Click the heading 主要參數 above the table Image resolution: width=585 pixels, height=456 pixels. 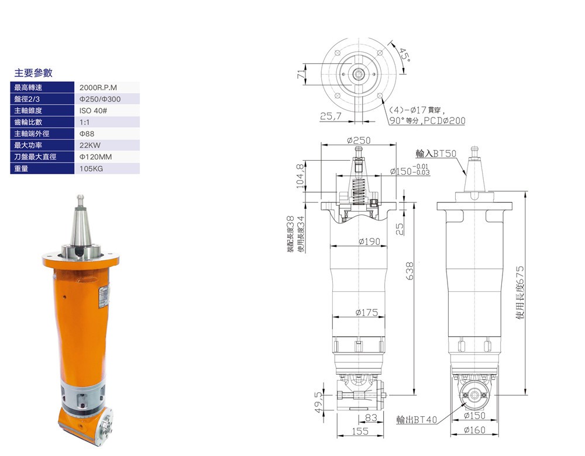pos(33,72)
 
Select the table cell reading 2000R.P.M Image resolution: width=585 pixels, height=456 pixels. pos(98,88)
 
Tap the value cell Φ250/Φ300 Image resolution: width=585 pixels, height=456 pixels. pos(100,99)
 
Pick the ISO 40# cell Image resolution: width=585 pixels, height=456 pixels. pos(93,110)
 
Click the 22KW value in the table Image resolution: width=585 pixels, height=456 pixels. pos(90,146)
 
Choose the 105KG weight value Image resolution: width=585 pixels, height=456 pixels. pos(91,168)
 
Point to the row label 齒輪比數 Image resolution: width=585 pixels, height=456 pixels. pos(28,122)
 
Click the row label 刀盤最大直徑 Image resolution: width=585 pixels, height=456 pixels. pos(35,157)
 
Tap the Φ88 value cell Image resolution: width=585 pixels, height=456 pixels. pos(87,134)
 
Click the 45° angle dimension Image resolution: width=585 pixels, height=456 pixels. pos(405,56)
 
